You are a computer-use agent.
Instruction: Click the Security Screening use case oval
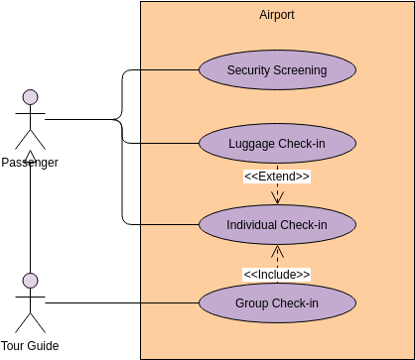tap(277, 70)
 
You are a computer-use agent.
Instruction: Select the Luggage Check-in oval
tap(277, 144)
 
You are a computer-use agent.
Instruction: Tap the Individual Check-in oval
tap(277, 224)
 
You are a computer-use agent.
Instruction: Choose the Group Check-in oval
tap(277, 302)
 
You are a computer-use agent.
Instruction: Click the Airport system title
tap(277, 15)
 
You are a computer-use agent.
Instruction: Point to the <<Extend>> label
tap(277, 177)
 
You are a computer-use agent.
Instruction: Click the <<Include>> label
tap(277, 274)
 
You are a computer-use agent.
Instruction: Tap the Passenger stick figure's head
tap(31, 97)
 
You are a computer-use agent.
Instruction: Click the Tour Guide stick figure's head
tap(31, 280)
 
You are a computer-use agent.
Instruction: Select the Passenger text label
tap(30, 163)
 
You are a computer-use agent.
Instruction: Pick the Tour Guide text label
tap(30, 346)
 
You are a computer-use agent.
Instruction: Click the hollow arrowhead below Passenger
tap(31, 156)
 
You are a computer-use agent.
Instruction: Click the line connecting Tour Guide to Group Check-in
tap(119, 302)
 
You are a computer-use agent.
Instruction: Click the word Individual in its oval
tap(252, 224)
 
